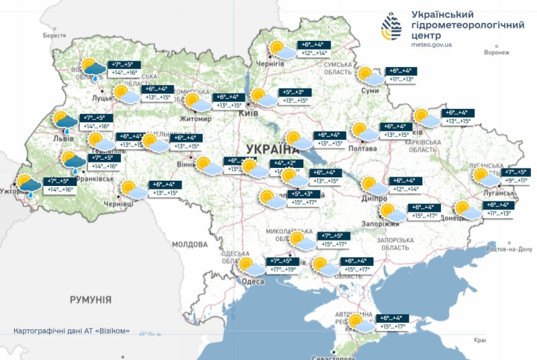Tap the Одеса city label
click(x=252, y=281)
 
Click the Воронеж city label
click(x=496, y=52)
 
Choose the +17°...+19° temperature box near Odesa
click(x=283, y=270)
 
